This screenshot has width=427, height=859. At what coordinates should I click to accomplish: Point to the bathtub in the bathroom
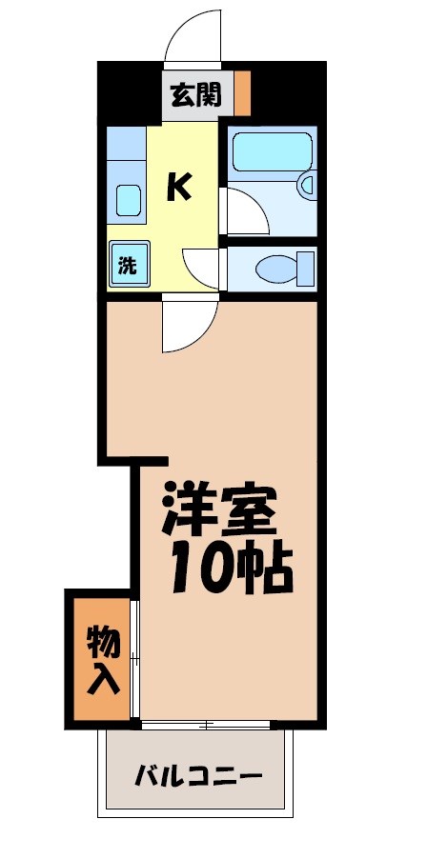click(x=273, y=151)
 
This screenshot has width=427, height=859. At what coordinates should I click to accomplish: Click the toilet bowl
click(x=276, y=268)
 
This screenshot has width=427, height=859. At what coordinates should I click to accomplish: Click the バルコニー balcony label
click(x=197, y=774)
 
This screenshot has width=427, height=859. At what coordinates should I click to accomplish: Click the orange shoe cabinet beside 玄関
click(x=243, y=93)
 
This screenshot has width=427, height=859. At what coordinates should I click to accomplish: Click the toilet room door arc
click(x=203, y=267)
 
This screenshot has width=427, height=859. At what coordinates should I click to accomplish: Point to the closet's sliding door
click(x=135, y=658)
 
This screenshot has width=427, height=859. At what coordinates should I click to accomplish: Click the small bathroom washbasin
click(x=307, y=185)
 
